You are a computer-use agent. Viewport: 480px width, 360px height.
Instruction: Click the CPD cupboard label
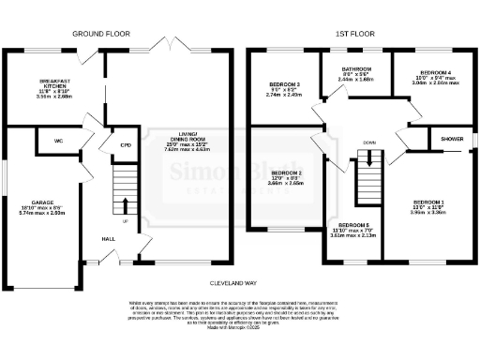point(126,145)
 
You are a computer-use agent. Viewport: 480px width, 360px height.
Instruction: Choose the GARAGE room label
point(45,202)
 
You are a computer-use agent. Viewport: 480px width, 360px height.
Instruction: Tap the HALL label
point(110,238)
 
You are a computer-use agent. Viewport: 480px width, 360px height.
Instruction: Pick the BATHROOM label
point(355,69)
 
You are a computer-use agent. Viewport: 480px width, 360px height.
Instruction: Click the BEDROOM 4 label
point(435,72)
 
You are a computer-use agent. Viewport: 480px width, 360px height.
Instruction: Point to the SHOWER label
point(453,139)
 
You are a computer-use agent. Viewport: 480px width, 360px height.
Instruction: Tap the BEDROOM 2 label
point(286,173)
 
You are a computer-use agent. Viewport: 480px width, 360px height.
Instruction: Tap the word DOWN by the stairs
point(371,143)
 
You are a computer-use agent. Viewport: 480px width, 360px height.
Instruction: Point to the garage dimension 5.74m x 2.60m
point(46,213)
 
